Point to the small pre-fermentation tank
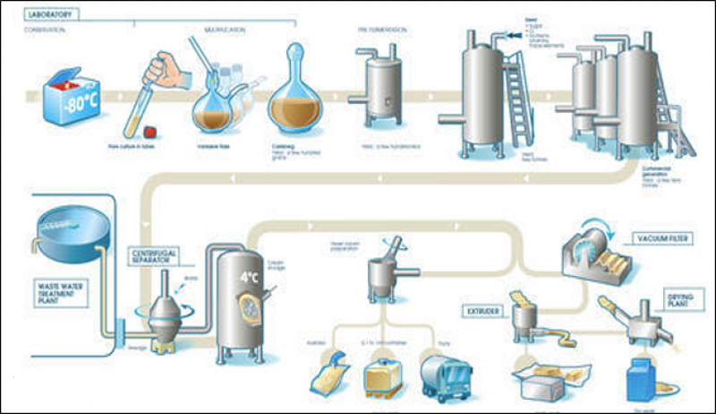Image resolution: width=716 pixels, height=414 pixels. pos(379,95)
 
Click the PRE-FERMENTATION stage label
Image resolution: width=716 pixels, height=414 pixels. pos(381,29)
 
